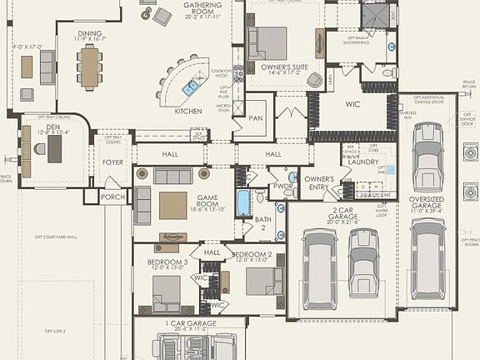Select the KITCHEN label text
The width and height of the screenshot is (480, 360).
187,111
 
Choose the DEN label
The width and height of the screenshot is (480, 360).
52,126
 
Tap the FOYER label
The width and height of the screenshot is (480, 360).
113,162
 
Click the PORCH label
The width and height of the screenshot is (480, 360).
112,197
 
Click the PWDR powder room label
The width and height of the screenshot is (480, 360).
282,187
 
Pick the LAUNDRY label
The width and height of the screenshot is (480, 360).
363,162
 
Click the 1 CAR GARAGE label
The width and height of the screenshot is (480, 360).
192,322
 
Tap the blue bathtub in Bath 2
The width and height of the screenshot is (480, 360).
242,202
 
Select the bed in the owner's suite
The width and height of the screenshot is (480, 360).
267,42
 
